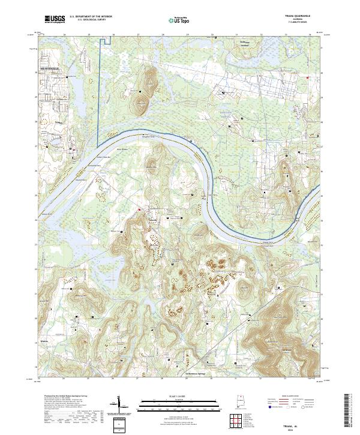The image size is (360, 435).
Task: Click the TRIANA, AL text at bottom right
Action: tap(304, 424)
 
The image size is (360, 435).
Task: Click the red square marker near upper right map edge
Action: tap(309, 78)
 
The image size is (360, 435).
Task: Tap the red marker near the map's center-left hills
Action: tap(140, 209)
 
